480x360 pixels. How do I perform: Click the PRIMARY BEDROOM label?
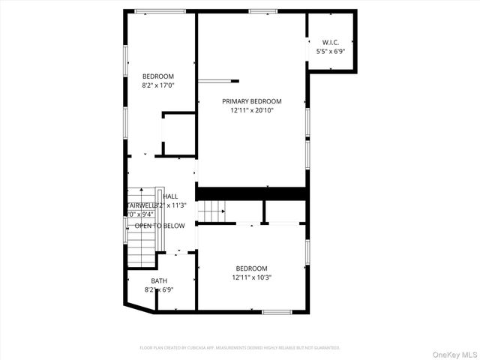(x=251, y=101)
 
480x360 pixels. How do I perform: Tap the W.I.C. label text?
(x=330, y=42)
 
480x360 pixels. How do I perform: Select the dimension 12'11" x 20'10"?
(x=251, y=111)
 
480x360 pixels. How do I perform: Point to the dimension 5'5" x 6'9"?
(x=330, y=52)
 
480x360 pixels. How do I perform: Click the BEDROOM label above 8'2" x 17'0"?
(x=158, y=76)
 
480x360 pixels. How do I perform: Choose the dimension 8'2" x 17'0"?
(x=158, y=85)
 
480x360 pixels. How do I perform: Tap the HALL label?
(x=170, y=196)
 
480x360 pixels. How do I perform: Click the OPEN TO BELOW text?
(x=160, y=225)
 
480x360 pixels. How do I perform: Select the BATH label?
(x=159, y=280)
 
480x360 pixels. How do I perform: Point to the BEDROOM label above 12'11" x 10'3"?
(x=251, y=268)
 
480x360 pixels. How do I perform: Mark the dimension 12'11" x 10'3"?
(x=251, y=277)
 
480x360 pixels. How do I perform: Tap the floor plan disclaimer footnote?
(x=240, y=348)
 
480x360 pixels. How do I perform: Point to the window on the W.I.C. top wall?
(x=331, y=10)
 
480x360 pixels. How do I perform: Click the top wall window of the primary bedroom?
(x=263, y=10)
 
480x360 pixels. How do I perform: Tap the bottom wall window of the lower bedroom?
(x=277, y=311)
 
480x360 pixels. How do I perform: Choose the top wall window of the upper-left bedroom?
(x=160, y=10)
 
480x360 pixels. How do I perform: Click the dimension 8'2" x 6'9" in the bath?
(x=159, y=289)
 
